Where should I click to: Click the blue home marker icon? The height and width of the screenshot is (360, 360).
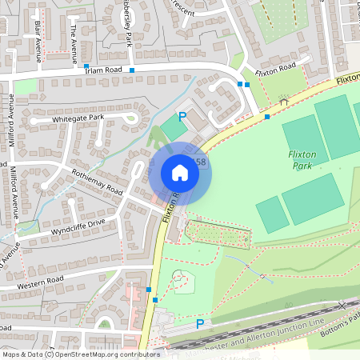tap(180, 173)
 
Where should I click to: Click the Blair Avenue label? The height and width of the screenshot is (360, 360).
tap(38, 42)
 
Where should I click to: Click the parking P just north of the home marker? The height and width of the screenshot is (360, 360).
tap(182, 117)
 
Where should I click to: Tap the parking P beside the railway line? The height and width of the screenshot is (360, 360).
tap(200, 323)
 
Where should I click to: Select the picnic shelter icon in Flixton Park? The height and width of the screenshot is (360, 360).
tap(282, 101)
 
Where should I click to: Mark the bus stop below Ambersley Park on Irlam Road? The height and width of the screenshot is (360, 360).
tap(132, 70)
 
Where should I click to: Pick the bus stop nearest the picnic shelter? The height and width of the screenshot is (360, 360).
tap(267, 117)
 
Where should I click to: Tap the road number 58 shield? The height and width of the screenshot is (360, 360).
tap(200, 162)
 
